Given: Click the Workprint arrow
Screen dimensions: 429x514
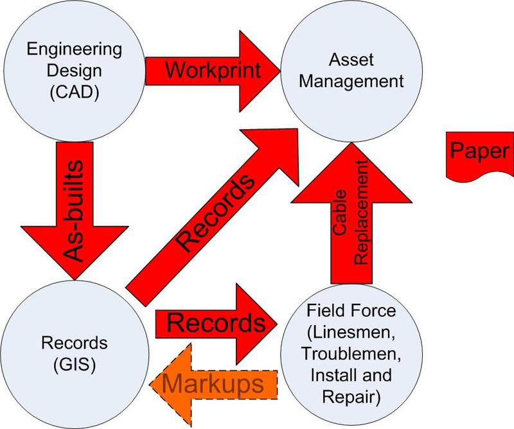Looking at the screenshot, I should [212, 69].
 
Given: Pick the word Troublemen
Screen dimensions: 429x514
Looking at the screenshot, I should [351, 354].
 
